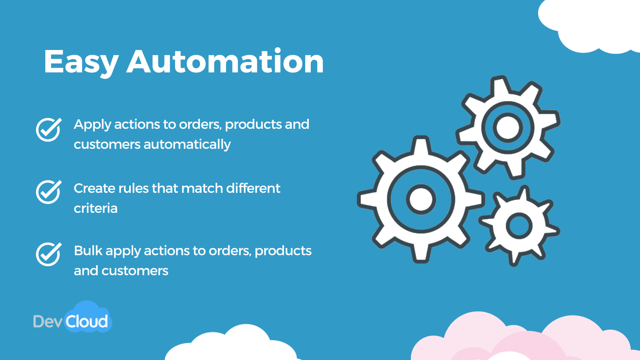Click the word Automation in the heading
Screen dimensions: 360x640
(225, 62)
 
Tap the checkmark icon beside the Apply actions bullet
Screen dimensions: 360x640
(48, 129)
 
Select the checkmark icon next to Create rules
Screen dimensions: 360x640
(48, 192)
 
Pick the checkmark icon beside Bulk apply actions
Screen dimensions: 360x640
(48, 254)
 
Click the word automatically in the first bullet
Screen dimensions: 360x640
(187, 144)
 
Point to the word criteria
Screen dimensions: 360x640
(96, 208)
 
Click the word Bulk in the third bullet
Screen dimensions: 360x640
(88, 251)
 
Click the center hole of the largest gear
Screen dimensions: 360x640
(421, 199)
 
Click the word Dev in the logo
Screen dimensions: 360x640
(47, 322)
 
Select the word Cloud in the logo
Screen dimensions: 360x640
(87, 322)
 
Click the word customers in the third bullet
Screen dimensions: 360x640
(135, 271)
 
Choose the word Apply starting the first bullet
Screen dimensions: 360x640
(92, 125)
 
